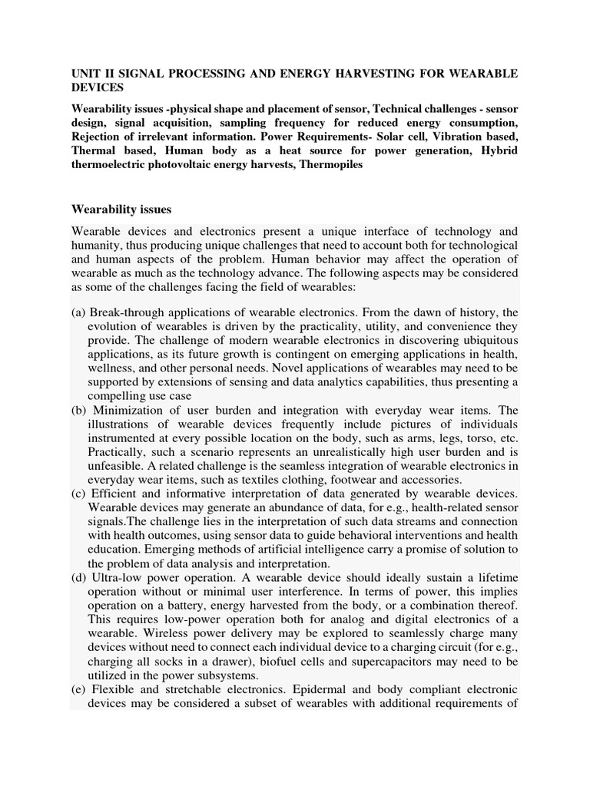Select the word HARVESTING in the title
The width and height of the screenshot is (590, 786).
click(x=348, y=74)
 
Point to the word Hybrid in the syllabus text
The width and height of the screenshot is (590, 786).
click(x=498, y=150)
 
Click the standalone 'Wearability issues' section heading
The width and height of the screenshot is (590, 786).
click(x=121, y=209)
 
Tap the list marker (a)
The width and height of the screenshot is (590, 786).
click(x=78, y=312)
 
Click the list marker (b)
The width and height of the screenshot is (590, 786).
click(x=78, y=410)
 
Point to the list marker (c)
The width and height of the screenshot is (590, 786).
click(x=78, y=493)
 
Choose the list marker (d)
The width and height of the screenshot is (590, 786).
click(x=78, y=576)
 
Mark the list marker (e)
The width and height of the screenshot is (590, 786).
click(x=78, y=689)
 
